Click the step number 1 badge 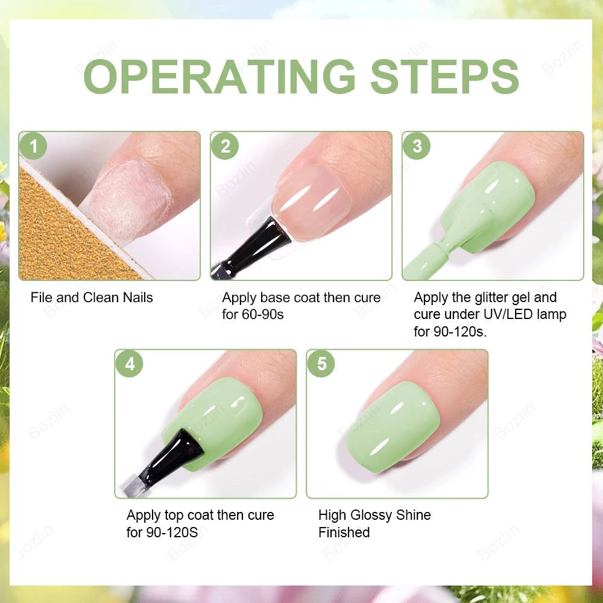pos(33,147)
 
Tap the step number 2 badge pos(225,147)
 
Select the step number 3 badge pos(417,147)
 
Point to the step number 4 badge pos(129,364)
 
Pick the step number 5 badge pos(321,364)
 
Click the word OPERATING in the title pos(219,77)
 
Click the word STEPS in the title pos(444,77)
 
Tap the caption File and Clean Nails pos(92,297)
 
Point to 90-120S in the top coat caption pos(172,532)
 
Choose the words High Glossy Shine pos(374,515)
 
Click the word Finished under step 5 pos(344,532)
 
